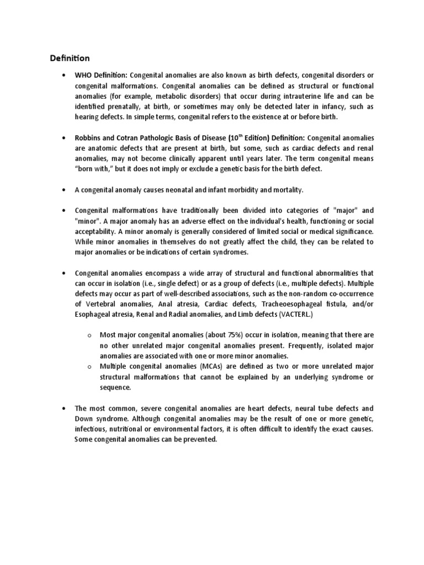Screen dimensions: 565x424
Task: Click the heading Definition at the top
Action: coord(70,58)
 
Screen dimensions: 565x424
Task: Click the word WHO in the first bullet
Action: coord(83,75)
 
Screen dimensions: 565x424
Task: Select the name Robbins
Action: coord(88,137)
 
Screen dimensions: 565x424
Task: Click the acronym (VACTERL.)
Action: coord(298,314)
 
